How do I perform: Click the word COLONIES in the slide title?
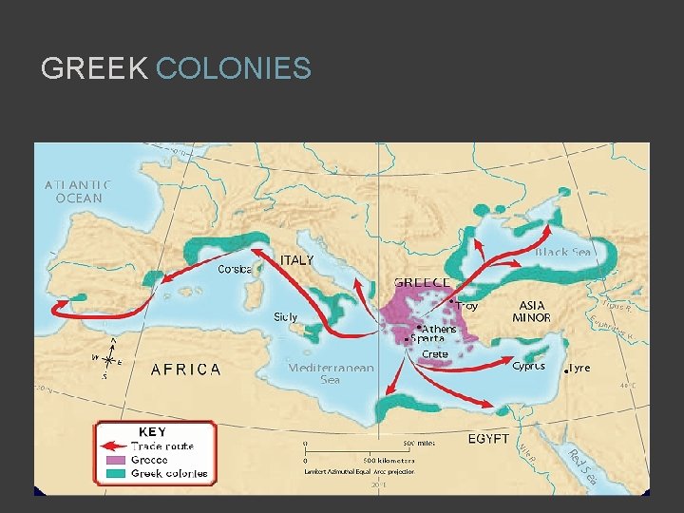(x=233, y=68)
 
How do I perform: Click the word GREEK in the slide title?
(x=94, y=68)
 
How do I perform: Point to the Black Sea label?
(x=563, y=252)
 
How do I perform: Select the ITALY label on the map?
(x=294, y=260)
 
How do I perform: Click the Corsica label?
(x=235, y=269)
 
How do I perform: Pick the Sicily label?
(x=286, y=316)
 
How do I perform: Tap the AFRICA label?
(x=186, y=369)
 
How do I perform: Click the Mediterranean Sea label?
(x=331, y=373)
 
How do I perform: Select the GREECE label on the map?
(x=422, y=282)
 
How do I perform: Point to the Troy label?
(x=466, y=306)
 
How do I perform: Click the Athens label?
(x=439, y=330)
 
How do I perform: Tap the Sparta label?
(x=427, y=339)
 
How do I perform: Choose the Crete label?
(x=435, y=354)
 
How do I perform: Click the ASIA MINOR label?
(x=531, y=312)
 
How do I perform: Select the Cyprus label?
(x=528, y=366)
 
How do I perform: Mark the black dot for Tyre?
(x=567, y=369)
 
